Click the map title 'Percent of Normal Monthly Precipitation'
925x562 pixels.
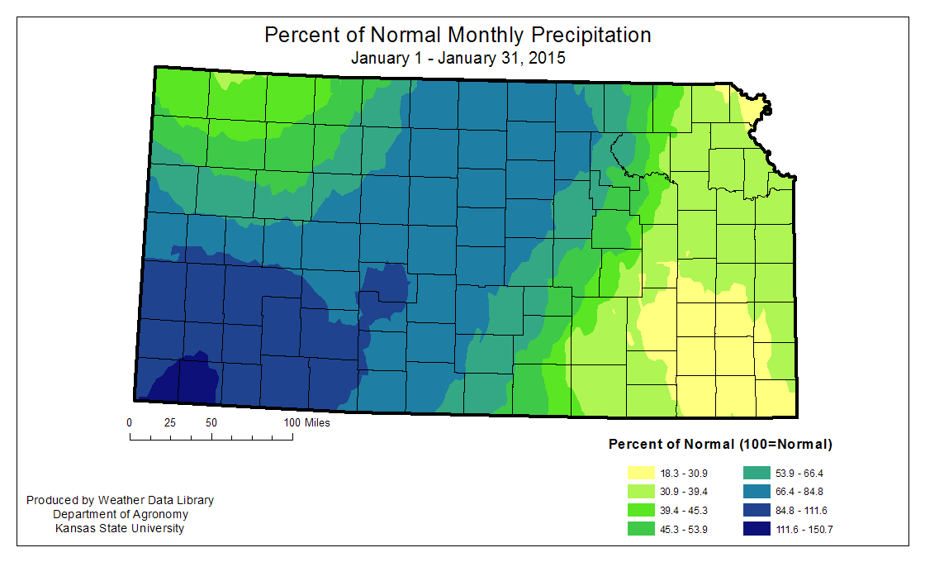(458, 36)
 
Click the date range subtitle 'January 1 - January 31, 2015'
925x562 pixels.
(458, 59)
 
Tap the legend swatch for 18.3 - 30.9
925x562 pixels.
(641, 474)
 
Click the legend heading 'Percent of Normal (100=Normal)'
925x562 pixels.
(720, 444)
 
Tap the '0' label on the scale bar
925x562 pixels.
(130, 422)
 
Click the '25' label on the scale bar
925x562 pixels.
(170, 422)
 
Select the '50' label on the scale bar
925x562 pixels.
(211, 422)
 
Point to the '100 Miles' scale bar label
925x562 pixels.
(307, 422)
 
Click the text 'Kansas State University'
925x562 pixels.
(120, 528)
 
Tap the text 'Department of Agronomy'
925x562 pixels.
(120, 514)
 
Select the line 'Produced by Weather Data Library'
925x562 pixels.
(120, 500)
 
